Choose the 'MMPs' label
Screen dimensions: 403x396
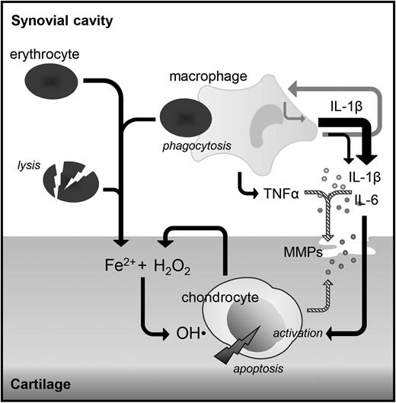click(298, 248)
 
